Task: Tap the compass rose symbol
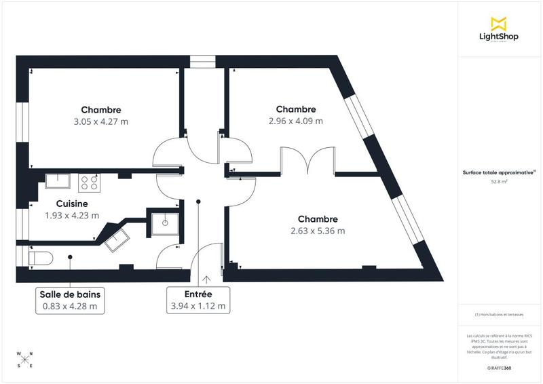click(24, 360)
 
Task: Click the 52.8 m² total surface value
click(499, 182)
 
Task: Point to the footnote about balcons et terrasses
click(500, 315)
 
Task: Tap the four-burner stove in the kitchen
click(90, 181)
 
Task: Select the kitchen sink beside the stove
click(58, 180)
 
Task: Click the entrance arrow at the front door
click(206, 278)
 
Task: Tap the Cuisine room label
click(72, 204)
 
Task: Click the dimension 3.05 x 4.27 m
click(100, 121)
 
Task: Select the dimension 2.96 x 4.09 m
click(295, 121)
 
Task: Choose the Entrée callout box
click(199, 300)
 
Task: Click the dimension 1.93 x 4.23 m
click(72, 216)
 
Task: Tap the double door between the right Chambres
click(307, 162)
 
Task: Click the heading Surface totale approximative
click(498, 173)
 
